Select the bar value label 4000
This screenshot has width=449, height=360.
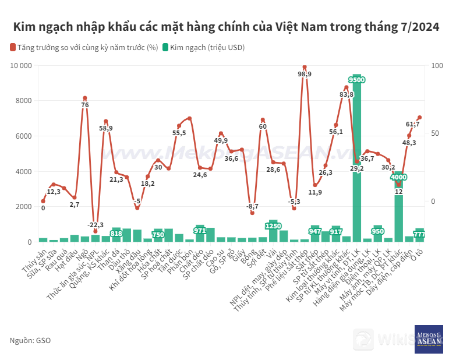coord(399,177)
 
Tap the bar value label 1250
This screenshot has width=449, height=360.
coord(273,226)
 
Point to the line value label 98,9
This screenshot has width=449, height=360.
coord(305,74)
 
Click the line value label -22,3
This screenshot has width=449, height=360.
coord(96,225)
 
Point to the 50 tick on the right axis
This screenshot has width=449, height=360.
coord(432,133)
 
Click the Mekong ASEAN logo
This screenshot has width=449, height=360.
coord(429,339)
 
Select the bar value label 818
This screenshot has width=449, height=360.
coord(116,234)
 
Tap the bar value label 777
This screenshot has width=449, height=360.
coord(419,234)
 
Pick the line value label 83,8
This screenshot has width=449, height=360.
coord(347,94)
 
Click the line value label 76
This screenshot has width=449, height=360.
coord(85,105)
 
